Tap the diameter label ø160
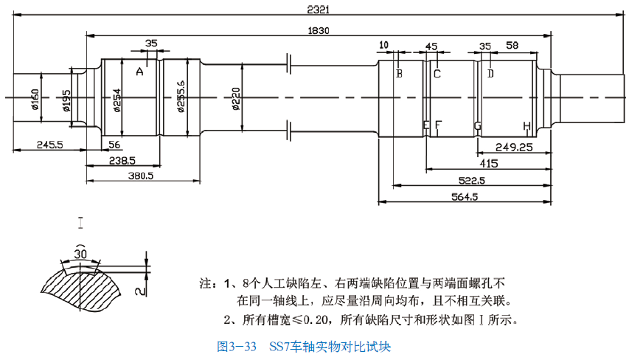pos(35,97)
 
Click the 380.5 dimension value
pos(140,176)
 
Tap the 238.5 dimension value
pos(122,160)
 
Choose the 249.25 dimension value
pos(514,147)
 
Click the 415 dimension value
pos(488,163)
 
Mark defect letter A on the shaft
pos(139,72)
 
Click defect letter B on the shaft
pos(399,73)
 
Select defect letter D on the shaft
pos(490,73)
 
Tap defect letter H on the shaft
pos(527,126)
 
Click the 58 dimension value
pos(512,46)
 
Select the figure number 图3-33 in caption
pos(237,345)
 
